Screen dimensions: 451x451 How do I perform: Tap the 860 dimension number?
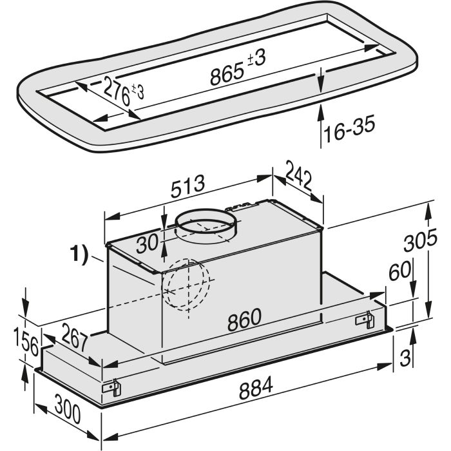[x=244, y=319]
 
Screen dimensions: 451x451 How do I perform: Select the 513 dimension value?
[x=188, y=186]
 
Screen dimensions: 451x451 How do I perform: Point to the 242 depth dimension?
[x=299, y=179]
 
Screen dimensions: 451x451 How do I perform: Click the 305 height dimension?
[x=420, y=240]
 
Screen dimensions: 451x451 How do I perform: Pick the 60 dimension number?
[x=399, y=271]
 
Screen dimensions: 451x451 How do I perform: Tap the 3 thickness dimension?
[x=405, y=358]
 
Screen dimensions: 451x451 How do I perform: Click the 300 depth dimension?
[x=67, y=410]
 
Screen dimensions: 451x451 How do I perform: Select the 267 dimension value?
[x=74, y=337]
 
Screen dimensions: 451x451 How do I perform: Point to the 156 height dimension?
[x=26, y=342]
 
